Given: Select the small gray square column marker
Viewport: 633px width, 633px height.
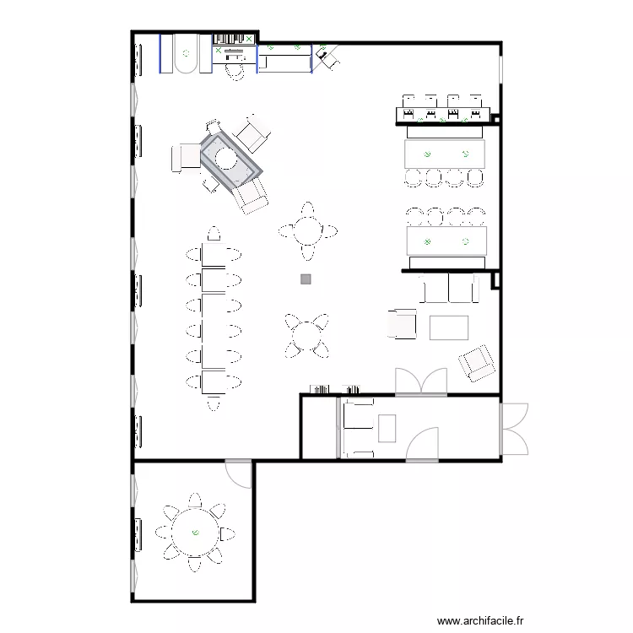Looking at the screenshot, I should (x=306, y=279).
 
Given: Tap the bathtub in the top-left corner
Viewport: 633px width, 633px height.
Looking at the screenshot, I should (x=186, y=55).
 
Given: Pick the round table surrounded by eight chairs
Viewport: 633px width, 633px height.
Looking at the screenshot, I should (x=195, y=532).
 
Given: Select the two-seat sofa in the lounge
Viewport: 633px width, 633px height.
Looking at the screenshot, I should (x=449, y=289).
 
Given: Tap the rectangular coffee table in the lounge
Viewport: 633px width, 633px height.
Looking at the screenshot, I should (x=448, y=327).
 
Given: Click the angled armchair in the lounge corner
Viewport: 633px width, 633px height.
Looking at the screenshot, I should (x=477, y=362).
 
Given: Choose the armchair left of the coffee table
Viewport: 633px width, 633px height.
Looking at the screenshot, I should (x=403, y=324).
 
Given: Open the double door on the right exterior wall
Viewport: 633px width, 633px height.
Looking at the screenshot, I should (x=514, y=429).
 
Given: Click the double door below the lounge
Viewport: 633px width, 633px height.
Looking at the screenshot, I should (x=420, y=382).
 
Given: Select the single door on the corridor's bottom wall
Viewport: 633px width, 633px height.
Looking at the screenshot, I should (x=422, y=445).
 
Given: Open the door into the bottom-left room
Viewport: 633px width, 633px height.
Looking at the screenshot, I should (x=240, y=473).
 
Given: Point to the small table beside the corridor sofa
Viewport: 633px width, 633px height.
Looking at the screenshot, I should (x=387, y=429).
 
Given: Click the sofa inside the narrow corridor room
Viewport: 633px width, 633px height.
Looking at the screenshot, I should (x=358, y=429).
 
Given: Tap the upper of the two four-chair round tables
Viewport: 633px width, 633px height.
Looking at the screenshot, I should (x=308, y=230).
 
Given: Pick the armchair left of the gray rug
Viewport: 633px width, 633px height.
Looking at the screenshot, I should (x=186, y=158).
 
